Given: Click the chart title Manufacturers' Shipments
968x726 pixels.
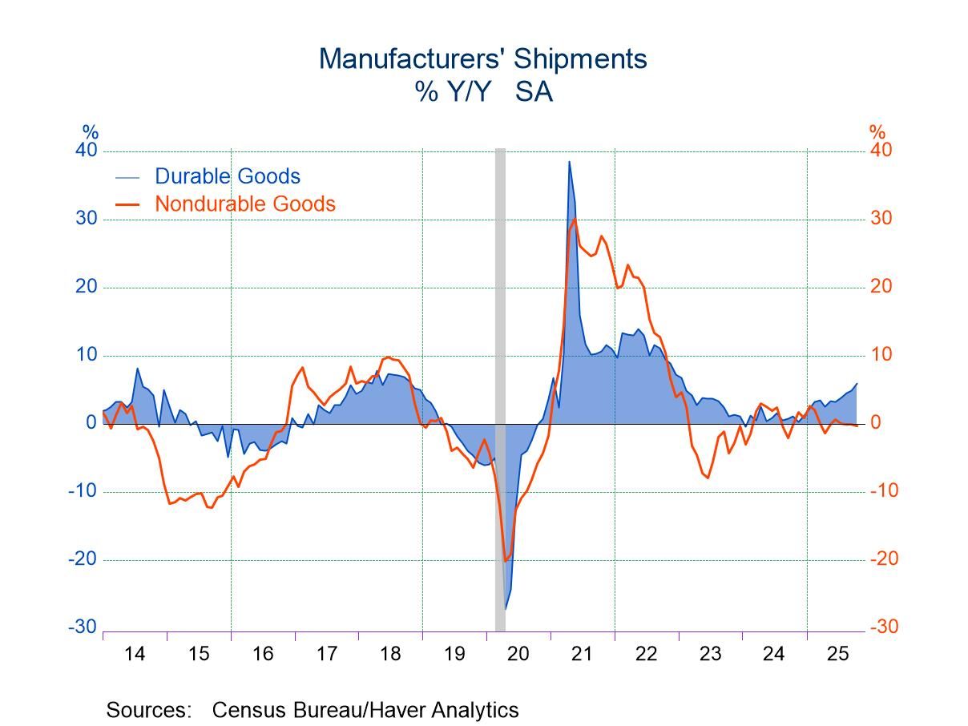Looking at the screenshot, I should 482,59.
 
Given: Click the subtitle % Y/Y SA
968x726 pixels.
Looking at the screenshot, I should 482,92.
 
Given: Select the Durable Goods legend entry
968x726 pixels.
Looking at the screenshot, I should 227,176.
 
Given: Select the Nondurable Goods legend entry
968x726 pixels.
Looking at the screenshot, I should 244,204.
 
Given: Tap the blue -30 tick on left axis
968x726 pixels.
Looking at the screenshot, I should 83,627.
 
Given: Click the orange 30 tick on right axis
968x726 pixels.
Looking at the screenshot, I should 881,219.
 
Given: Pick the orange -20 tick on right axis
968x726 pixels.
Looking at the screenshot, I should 884,559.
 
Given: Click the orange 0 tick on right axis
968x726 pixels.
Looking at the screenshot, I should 877,422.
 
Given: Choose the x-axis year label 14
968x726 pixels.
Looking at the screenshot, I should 135,654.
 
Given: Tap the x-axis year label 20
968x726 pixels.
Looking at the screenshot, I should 518,654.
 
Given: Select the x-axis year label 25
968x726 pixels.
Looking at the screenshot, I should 837,654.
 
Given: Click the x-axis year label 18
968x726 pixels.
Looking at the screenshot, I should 390,654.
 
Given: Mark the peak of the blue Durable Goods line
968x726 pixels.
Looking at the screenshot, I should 569,162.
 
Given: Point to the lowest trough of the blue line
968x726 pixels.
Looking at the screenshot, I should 506,608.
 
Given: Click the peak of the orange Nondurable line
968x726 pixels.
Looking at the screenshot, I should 574,219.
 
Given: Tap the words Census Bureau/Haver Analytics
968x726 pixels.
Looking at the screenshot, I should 365,710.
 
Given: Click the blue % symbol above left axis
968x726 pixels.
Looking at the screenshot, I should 90,132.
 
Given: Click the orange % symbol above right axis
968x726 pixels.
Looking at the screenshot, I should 877,132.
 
